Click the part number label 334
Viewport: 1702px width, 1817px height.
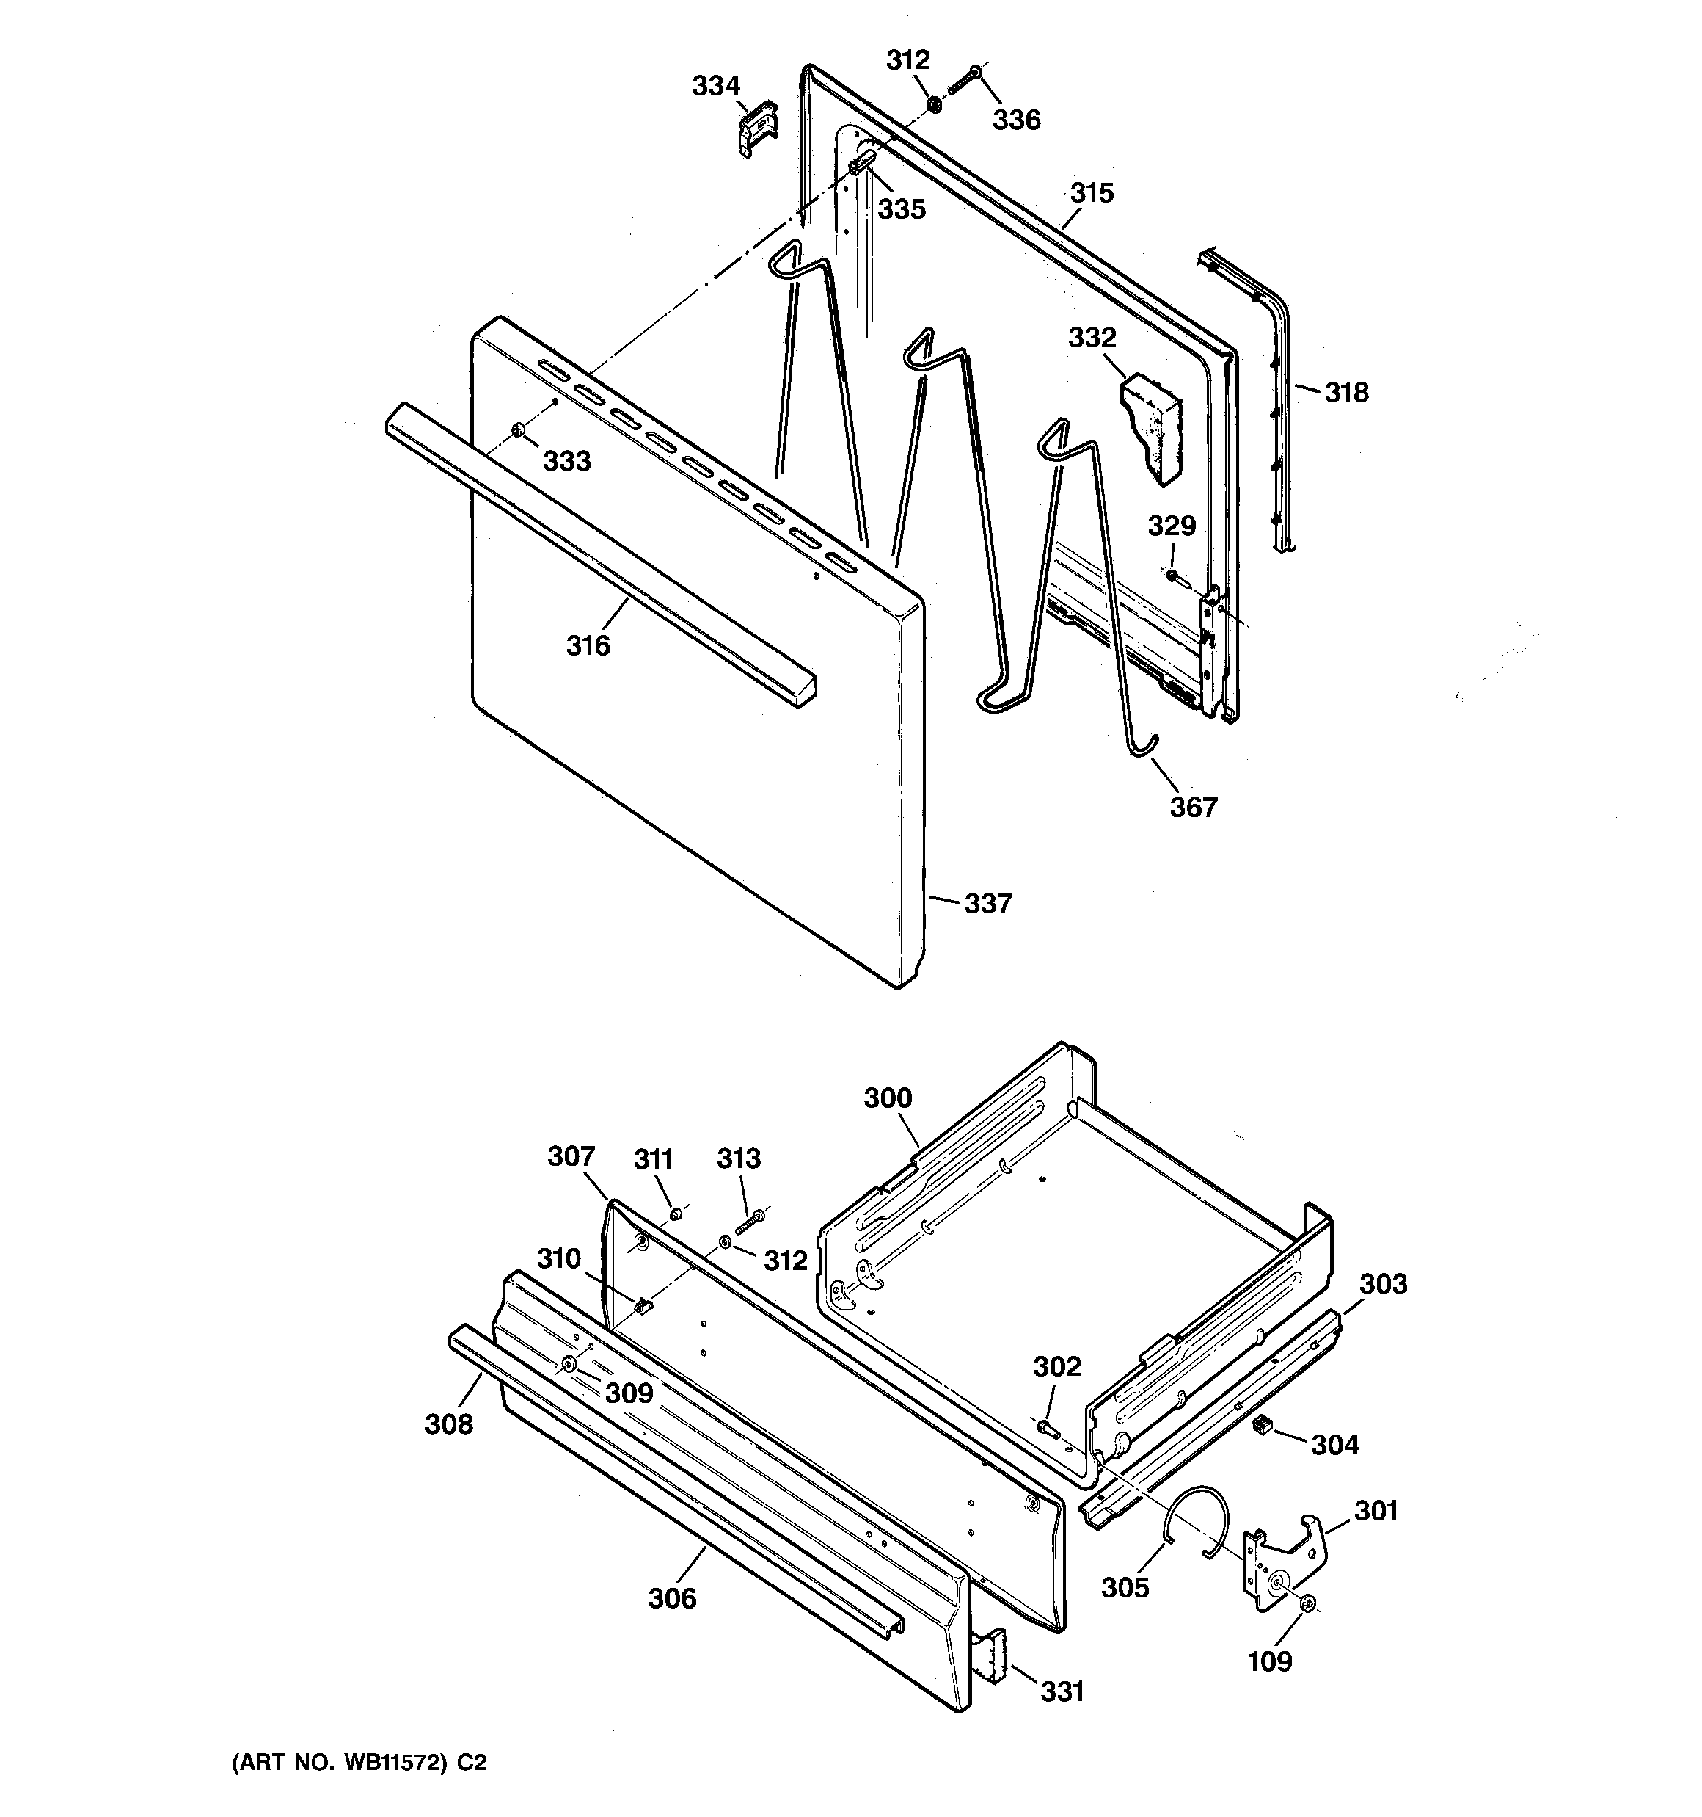[715, 86]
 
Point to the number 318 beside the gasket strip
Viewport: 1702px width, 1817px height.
[1347, 393]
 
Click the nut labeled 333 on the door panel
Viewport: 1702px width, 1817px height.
[518, 429]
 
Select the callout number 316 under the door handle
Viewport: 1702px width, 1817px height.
[588, 646]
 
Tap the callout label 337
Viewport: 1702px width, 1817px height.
[987, 904]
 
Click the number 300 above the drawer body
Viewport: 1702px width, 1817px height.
[888, 1098]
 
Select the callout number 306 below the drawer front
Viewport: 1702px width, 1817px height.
[673, 1598]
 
